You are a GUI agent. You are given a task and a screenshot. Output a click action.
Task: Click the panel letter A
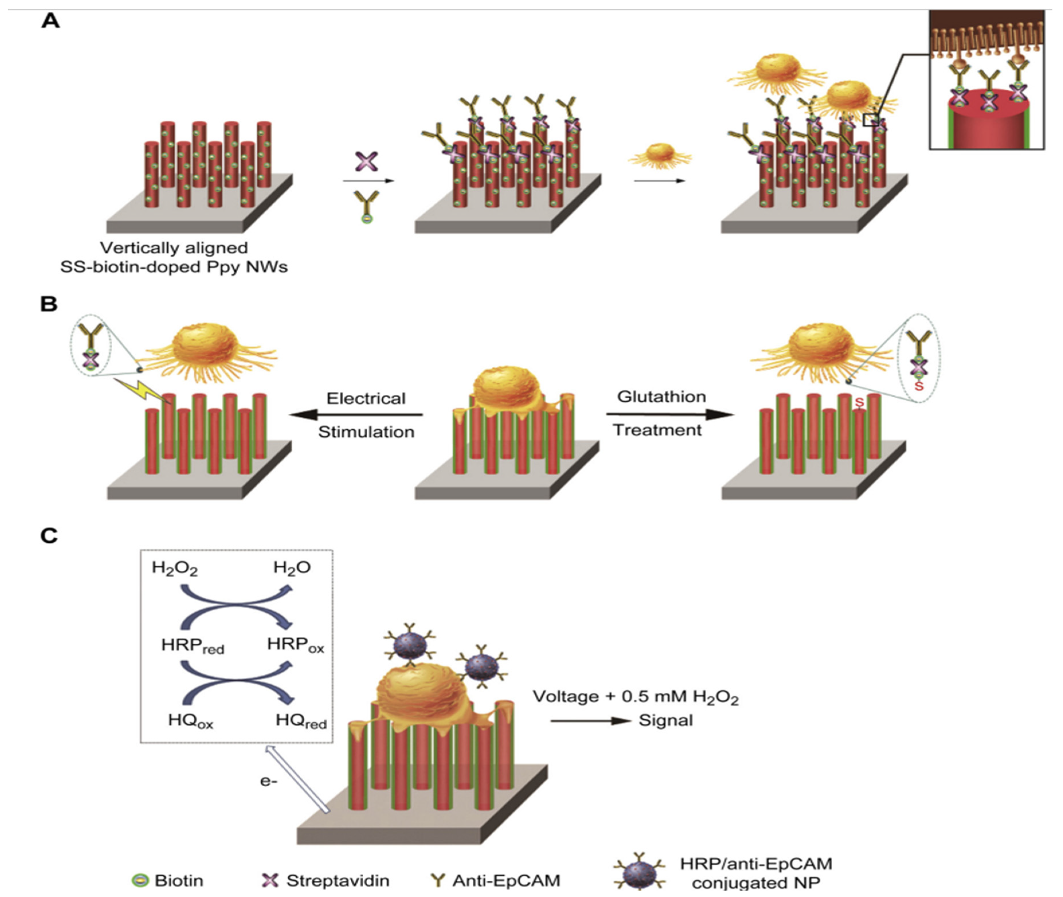point(50,21)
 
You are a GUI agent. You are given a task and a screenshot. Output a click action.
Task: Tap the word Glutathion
point(662,397)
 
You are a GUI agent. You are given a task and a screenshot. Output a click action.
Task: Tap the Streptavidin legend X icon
point(270,880)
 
